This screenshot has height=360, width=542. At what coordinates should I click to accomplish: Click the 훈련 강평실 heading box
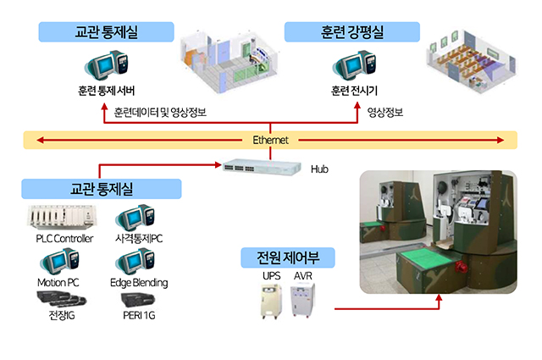351,32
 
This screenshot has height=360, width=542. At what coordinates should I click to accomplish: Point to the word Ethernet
271,140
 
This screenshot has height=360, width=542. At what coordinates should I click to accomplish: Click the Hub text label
319,169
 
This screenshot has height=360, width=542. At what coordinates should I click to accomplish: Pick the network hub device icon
261,167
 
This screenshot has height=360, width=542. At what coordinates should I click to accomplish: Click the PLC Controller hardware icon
64,218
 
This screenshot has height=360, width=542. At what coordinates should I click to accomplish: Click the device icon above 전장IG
59,298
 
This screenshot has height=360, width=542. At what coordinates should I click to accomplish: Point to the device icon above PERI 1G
138,299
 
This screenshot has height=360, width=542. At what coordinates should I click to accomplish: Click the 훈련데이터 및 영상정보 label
160,112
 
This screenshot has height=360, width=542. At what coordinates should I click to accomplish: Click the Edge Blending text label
139,282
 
